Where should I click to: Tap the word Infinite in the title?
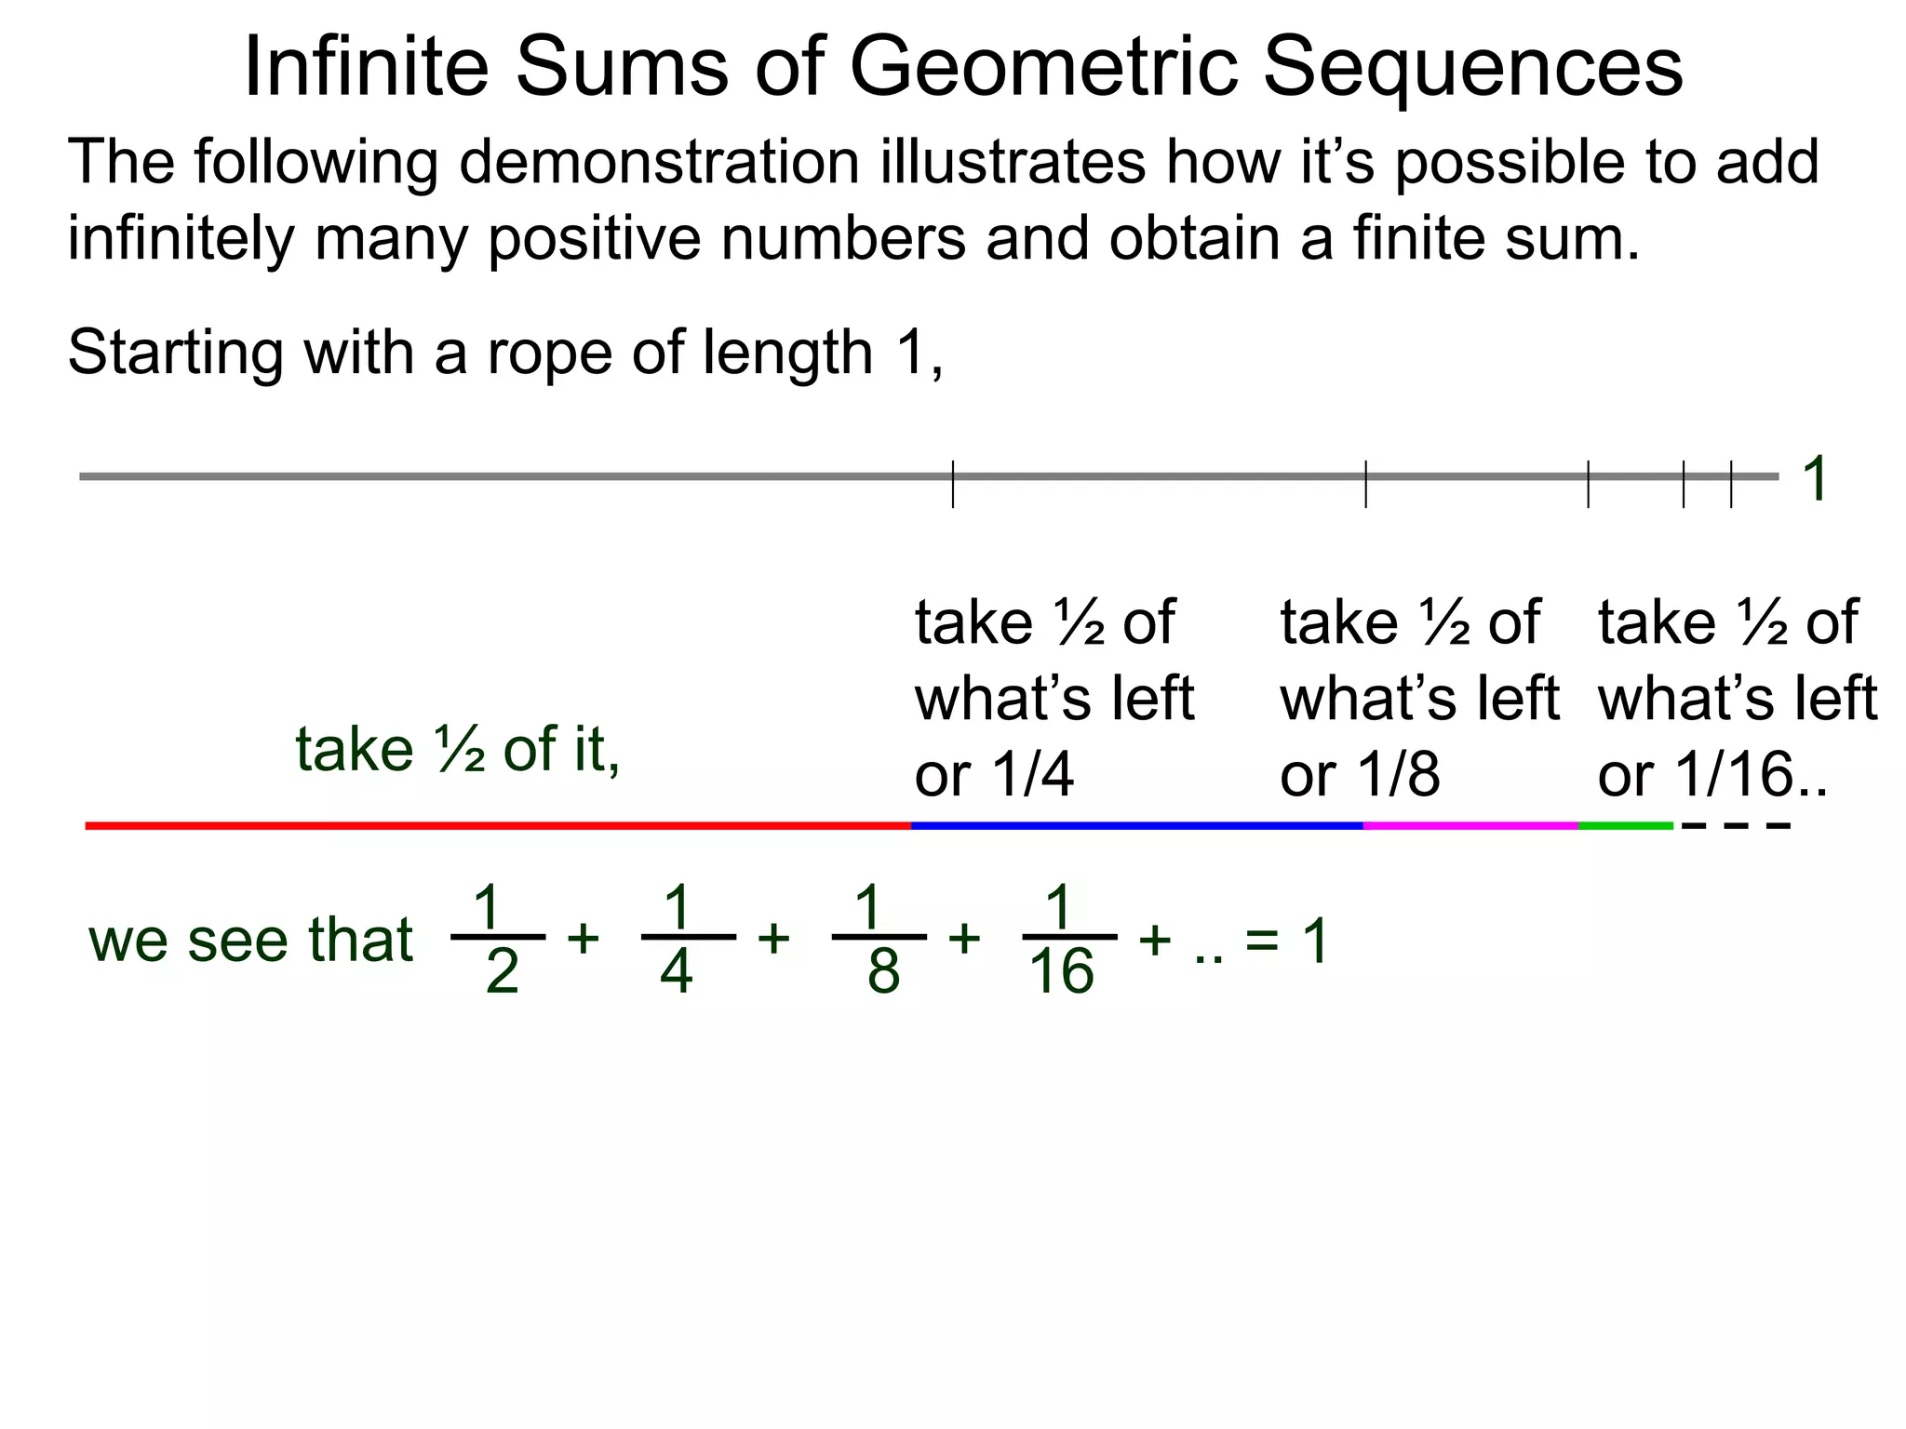click(366, 67)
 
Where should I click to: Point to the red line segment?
click(498, 825)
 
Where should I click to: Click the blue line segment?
click(1136, 825)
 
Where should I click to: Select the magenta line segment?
click(1470, 825)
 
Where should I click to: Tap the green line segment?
click(1625, 825)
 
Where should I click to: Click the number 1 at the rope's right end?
click(1815, 479)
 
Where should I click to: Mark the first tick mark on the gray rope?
click(953, 484)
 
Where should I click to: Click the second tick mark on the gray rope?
click(1365, 484)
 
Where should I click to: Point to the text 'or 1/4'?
click(994, 774)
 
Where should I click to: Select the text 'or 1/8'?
click(1360, 774)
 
